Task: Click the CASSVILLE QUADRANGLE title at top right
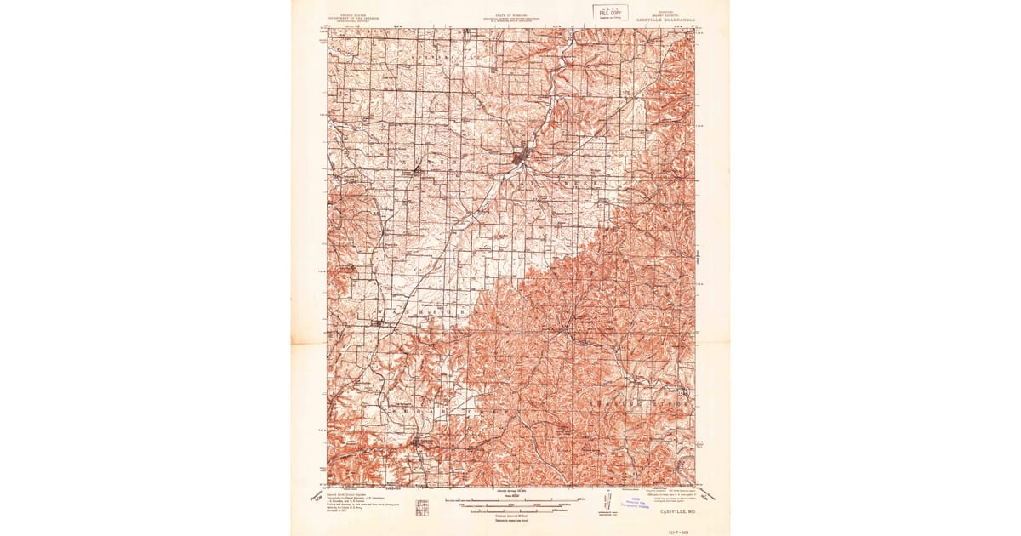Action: [665, 20]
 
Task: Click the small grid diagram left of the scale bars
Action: [422, 508]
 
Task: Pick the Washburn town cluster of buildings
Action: [379, 322]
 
